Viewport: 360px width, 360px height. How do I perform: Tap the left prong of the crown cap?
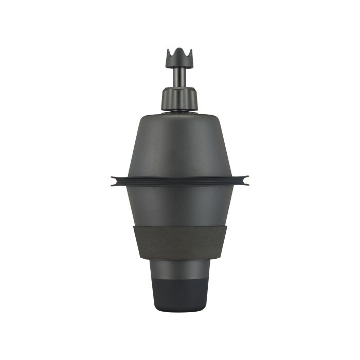[x=169, y=52]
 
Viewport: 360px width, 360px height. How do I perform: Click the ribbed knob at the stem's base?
[x=179, y=98]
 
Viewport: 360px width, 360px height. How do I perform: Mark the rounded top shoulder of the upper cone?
[x=179, y=115]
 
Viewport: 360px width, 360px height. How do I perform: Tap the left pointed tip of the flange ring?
[x=113, y=180]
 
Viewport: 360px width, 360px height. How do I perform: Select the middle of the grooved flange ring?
[x=179, y=181]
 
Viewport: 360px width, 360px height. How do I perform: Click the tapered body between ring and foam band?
[x=179, y=206]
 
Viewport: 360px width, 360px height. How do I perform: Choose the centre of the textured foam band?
[x=179, y=242]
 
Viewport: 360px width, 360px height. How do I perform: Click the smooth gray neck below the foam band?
[x=179, y=268]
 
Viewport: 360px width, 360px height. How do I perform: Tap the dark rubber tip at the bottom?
[x=179, y=296]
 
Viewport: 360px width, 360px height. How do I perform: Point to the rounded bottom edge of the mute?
[x=179, y=311]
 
